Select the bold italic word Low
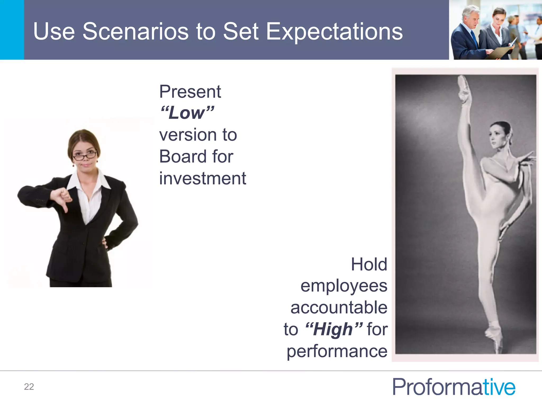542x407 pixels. pos(187,113)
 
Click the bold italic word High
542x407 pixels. pos(333,329)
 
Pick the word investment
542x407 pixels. pos(202,178)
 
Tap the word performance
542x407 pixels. pos(337,351)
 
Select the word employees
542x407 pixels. pos(344,286)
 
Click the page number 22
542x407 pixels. pos(29,387)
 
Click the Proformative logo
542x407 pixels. pos(454,387)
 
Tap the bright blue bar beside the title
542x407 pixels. pos(12,30)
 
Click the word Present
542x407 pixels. pos(190,92)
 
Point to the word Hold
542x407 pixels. pos(369,264)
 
